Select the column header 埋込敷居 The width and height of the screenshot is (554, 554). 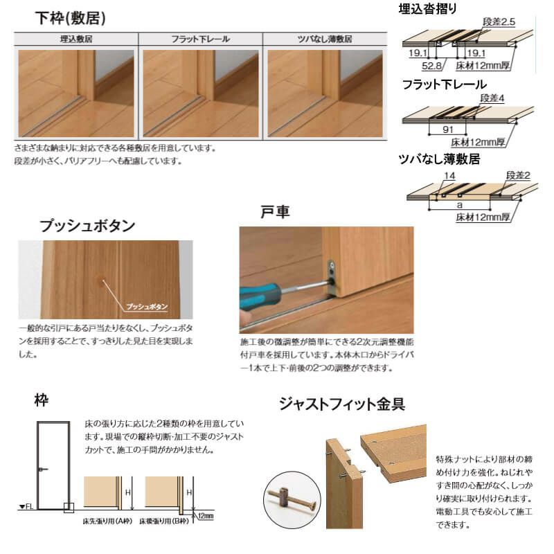[x=76, y=39]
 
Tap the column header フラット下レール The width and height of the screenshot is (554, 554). [x=200, y=39]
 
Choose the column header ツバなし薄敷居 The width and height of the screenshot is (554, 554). [x=325, y=39]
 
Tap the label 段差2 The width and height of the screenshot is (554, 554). [x=517, y=176]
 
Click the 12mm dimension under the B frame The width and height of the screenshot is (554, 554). [x=204, y=517]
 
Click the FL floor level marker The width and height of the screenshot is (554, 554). [x=26, y=508]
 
